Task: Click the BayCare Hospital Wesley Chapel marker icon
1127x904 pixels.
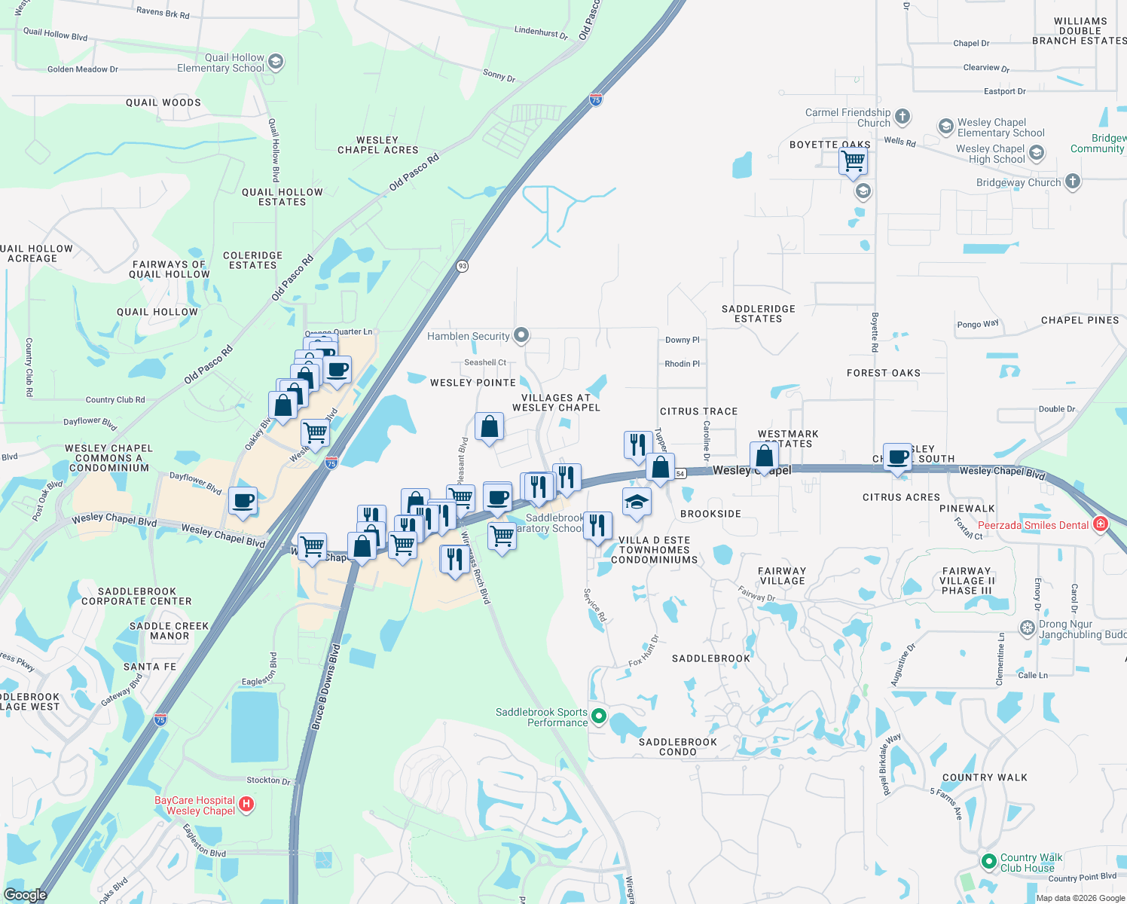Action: [x=246, y=806]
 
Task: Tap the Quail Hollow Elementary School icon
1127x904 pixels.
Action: [x=276, y=63]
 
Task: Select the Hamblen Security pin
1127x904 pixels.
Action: [x=521, y=336]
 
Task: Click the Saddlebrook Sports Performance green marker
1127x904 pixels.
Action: [x=599, y=716]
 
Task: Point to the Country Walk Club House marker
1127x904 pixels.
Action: [x=989, y=862]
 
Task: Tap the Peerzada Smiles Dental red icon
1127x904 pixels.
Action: [x=1100, y=524]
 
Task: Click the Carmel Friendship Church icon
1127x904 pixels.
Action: [x=903, y=118]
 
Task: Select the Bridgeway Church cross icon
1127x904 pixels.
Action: [x=1073, y=182]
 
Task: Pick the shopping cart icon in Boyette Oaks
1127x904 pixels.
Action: [x=853, y=160]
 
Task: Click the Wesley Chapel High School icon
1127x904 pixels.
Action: [x=1037, y=154]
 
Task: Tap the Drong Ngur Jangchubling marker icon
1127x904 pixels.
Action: [x=1028, y=628]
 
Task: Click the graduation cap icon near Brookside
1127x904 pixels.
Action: [x=636, y=502]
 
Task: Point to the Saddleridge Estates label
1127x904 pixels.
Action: [x=758, y=314]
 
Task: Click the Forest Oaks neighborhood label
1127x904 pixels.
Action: [x=883, y=373]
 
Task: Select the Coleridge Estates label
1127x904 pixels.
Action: [x=252, y=261]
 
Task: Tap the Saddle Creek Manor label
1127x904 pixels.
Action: [x=170, y=631]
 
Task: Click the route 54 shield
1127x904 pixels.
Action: [x=680, y=474]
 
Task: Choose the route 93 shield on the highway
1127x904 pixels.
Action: [x=463, y=266]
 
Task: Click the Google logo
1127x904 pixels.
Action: [x=25, y=895]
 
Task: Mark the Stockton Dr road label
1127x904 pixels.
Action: [x=268, y=781]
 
